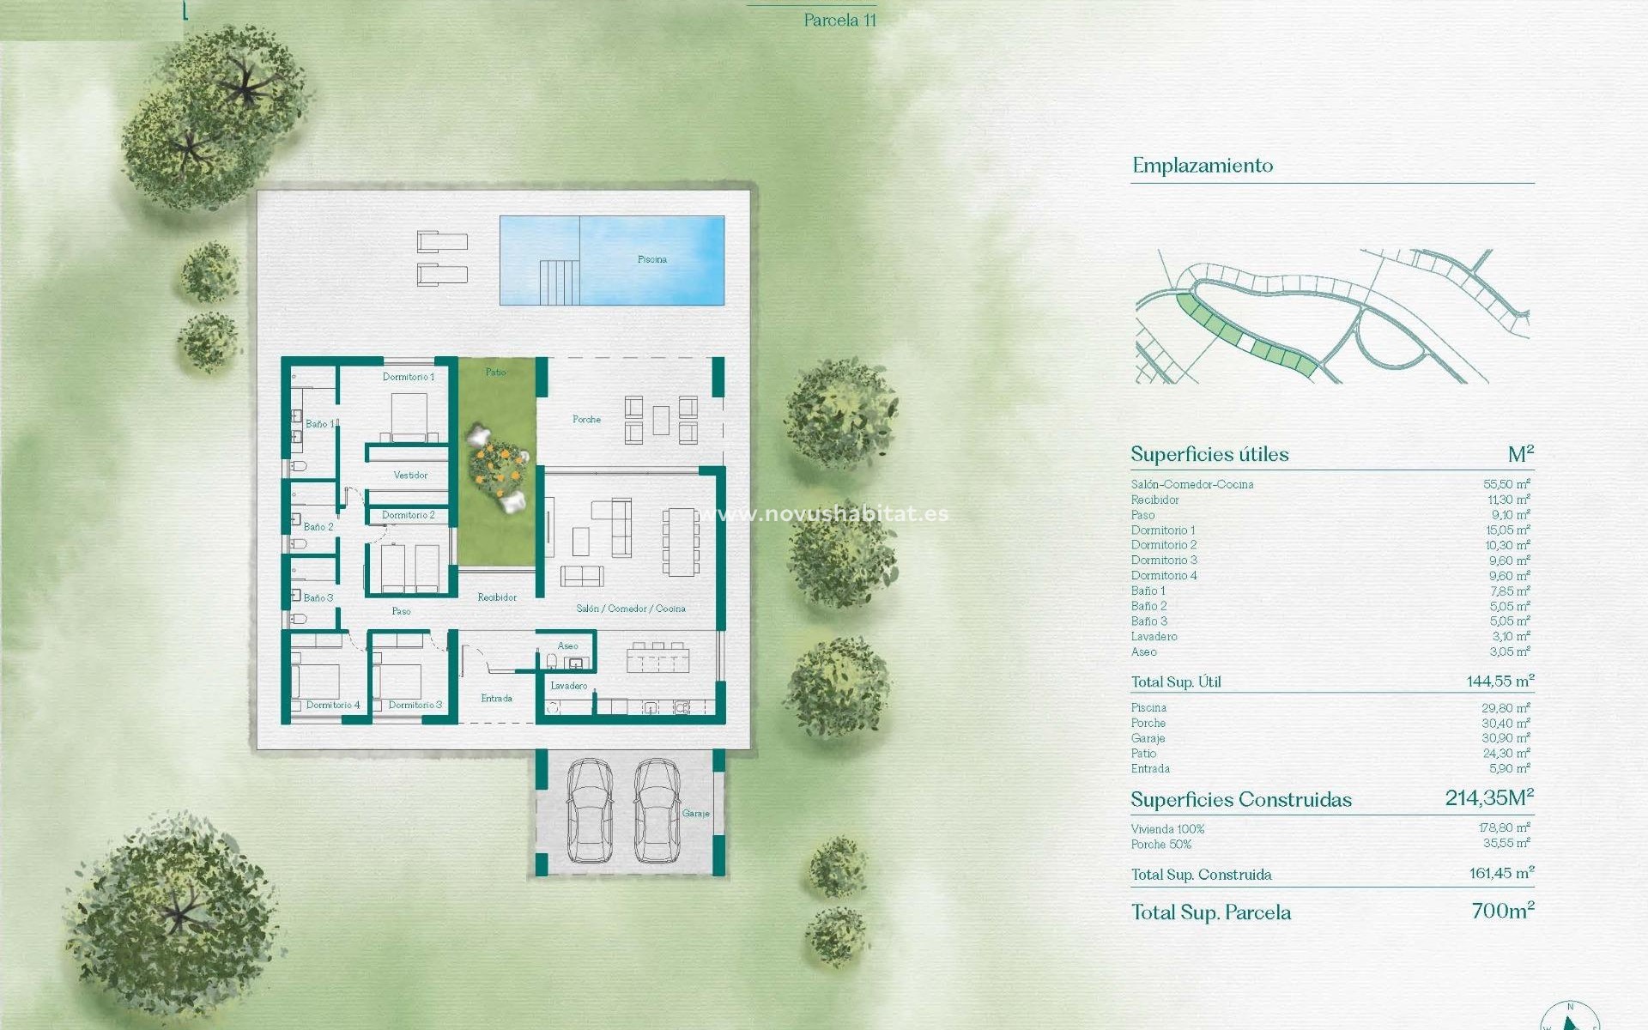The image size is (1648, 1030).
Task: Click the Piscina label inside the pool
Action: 651,259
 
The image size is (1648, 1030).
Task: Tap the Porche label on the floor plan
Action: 586,420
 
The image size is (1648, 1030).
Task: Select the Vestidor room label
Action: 410,476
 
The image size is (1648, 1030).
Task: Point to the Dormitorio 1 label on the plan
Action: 409,377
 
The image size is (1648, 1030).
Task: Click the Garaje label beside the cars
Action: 695,814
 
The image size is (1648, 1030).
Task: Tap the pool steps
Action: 559,282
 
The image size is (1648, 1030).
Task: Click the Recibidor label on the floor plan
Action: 497,597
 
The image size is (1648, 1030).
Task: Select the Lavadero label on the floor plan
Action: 568,686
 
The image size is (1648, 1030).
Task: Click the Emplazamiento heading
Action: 1202,166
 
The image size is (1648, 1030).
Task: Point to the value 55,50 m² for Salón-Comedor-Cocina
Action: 1506,484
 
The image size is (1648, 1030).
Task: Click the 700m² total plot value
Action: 1502,911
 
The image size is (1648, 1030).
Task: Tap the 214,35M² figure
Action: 1488,798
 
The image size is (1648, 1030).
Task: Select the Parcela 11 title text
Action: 839,21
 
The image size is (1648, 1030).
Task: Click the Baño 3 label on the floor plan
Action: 318,598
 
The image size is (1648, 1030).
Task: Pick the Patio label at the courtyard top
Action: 495,373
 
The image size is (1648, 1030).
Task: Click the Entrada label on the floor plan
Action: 496,699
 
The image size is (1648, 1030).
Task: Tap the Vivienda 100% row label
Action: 1167,829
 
